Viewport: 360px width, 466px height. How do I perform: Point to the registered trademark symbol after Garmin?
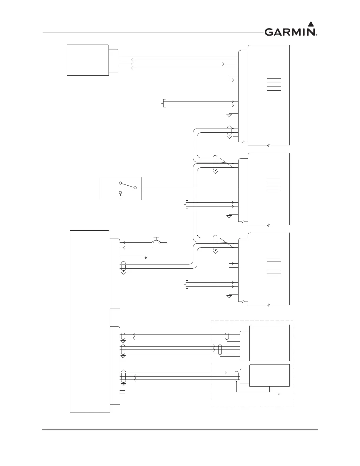(316, 35)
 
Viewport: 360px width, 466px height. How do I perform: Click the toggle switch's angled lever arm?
(128, 185)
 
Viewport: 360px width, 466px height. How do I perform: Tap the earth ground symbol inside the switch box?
(120, 194)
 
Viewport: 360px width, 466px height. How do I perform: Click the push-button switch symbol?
(156, 241)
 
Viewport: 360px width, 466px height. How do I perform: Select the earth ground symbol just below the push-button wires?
(146, 257)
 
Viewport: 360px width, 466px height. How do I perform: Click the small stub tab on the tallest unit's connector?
(123, 392)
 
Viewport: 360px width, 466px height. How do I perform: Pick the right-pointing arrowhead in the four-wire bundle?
(224, 64)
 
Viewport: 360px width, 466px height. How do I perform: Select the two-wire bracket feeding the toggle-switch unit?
(186, 205)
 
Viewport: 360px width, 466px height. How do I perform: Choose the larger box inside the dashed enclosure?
(269, 343)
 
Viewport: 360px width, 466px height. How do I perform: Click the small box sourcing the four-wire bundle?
(88, 60)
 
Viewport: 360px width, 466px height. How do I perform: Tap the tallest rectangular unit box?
(90, 321)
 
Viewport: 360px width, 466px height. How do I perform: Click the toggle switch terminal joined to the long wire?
(135, 188)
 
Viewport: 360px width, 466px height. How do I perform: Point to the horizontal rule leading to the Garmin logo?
(153, 32)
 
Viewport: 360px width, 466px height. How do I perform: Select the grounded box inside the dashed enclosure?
(269, 375)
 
